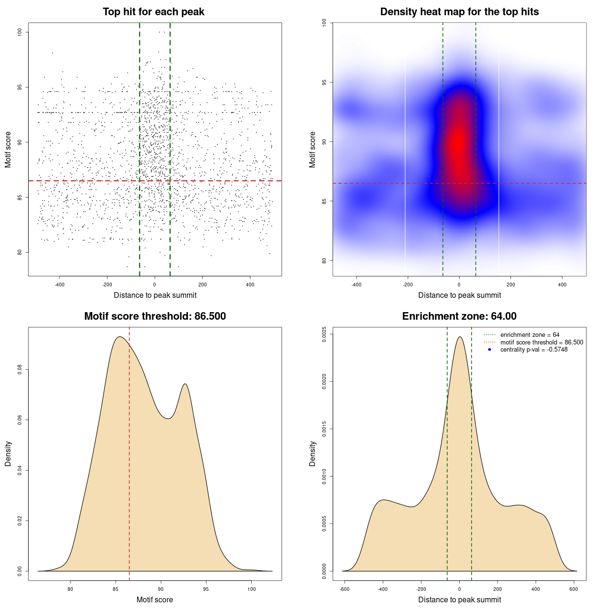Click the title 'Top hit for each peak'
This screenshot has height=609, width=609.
tap(153, 12)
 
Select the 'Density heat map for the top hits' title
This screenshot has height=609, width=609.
tap(459, 12)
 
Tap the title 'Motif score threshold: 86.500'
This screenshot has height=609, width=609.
tap(155, 316)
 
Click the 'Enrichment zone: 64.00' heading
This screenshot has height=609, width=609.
tap(459, 316)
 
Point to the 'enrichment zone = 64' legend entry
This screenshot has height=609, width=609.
tap(530, 335)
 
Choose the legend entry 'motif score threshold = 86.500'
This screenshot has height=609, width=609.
tap(541, 342)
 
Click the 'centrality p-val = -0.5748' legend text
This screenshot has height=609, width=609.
tap(534, 350)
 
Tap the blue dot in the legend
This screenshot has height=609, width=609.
tap(490, 350)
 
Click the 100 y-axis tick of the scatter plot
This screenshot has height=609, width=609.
tap(20, 32)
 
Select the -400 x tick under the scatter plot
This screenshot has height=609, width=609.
tap(59, 285)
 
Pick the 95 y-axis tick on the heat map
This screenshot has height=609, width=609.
tap(324, 82)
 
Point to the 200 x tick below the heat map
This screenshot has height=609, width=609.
tap(511, 285)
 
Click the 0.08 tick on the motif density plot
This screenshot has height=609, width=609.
tap(20, 370)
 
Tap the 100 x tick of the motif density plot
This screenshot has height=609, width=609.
tap(251, 589)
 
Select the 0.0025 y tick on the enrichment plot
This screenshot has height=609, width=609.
tap(324, 334)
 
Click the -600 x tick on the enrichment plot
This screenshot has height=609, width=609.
tap(345, 589)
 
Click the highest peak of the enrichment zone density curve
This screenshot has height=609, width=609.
tap(460, 337)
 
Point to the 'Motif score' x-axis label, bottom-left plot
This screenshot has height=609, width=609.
tap(155, 599)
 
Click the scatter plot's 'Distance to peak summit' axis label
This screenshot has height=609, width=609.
tap(155, 295)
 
